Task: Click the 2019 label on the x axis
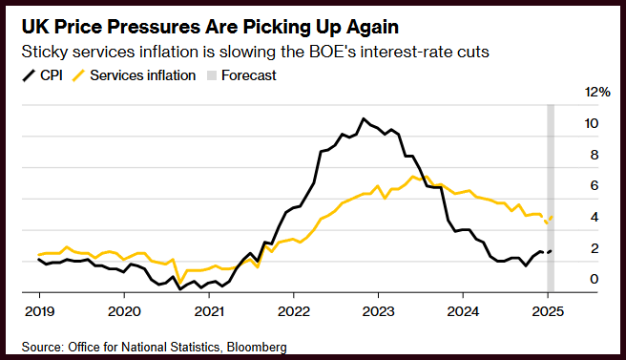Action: pyautogui.click(x=39, y=311)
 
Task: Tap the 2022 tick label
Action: pyautogui.click(x=294, y=311)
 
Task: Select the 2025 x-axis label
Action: pyautogui.click(x=548, y=311)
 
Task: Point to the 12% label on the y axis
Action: pyautogui.click(x=597, y=93)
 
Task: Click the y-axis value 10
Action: pyautogui.click(x=592, y=123)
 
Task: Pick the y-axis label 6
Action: pyautogui.click(x=595, y=185)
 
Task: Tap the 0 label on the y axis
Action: pyautogui.click(x=595, y=279)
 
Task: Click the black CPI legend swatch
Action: pyautogui.click(x=29, y=75)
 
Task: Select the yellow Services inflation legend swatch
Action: pyautogui.click(x=78, y=75)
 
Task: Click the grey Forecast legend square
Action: pyautogui.click(x=212, y=75)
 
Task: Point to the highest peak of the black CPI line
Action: pyautogui.click(x=364, y=118)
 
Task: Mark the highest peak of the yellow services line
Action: pyautogui.click(x=412, y=177)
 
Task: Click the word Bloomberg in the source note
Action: pyautogui.click(x=257, y=347)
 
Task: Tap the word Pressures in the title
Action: pyautogui.click(x=155, y=28)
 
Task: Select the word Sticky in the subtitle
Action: pyautogui.click(x=44, y=53)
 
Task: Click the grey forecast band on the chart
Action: pyautogui.click(x=551, y=199)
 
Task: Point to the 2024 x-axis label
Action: pyautogui.click(x=463, y=311)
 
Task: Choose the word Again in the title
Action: pyautogui.click(x=372, y=28)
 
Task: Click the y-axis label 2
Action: pyautogui.click(x=595, y=248)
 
